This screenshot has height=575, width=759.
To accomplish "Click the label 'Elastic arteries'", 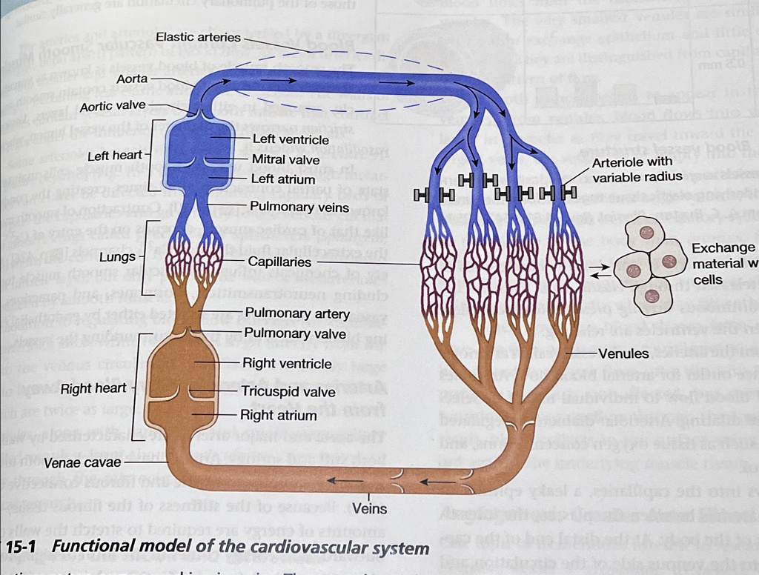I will [198, 37].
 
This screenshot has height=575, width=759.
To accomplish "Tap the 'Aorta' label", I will [132, 79].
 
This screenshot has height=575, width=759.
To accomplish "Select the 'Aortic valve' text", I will [113, 106].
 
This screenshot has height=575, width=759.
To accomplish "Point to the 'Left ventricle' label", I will [291, 139].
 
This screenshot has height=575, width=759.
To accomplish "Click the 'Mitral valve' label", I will [285, 159].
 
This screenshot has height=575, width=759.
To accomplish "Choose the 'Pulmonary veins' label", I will [299, 207].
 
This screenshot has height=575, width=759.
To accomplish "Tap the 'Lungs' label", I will [118, 257].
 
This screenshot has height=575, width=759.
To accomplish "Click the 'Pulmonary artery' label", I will [297, 313].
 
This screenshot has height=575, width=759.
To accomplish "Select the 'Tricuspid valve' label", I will [288, 391].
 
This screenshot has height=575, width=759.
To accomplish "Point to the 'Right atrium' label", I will [278, 416].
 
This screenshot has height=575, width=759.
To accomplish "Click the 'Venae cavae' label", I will [82, 463].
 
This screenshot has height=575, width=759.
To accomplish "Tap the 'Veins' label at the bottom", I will [370, 509].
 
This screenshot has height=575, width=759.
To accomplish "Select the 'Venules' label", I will [623, 353].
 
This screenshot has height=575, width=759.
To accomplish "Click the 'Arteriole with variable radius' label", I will [632, 169].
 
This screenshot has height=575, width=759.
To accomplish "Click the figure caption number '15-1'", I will [25, 548].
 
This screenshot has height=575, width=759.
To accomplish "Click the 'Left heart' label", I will [115, 156].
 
